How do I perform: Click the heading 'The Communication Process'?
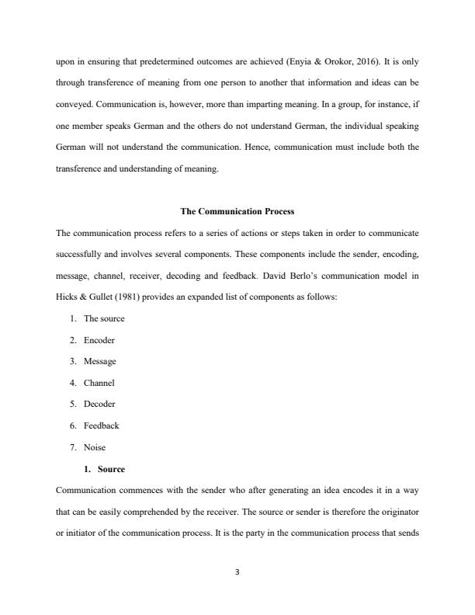pyautogui.click(x=237, y=211)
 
